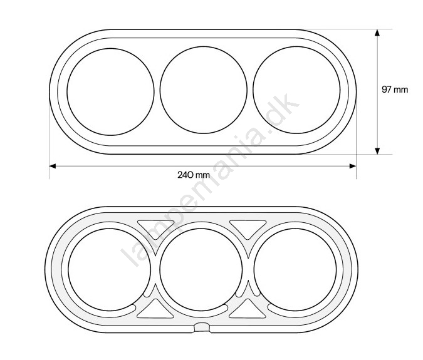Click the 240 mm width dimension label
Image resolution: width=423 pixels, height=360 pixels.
194,175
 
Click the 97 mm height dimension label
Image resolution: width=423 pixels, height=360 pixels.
395,90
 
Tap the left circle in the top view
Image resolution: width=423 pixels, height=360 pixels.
68,92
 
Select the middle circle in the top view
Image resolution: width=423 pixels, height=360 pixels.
160,90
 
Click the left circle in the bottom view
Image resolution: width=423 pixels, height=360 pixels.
68,269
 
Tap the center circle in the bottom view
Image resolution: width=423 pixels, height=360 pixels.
160,269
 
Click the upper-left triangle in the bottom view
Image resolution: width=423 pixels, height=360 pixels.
155,228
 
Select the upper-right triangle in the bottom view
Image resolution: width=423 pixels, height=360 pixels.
248,228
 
